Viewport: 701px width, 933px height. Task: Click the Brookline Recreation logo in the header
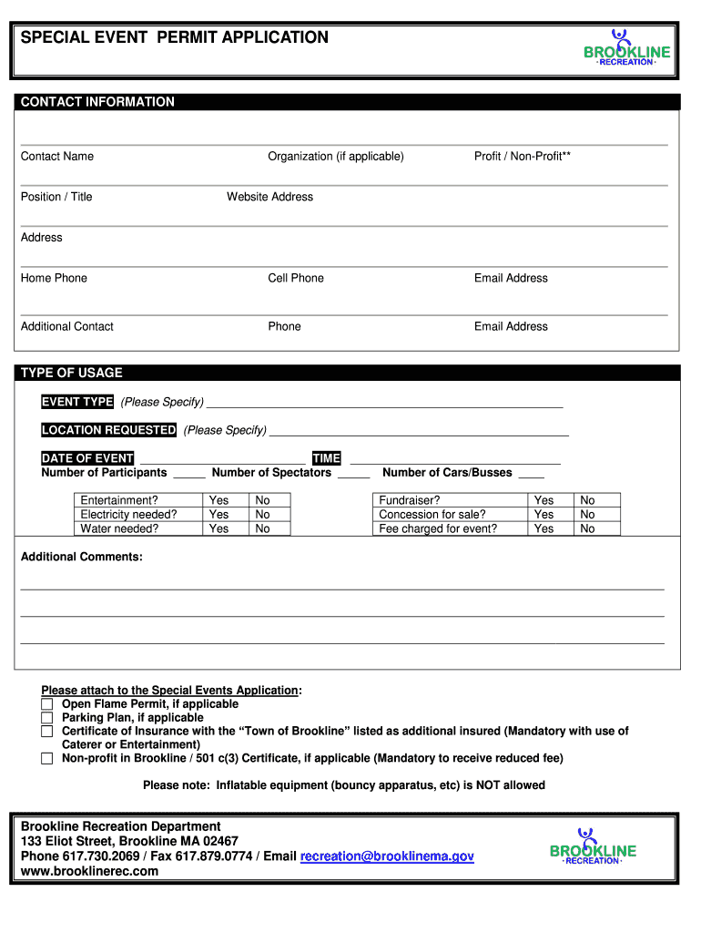626,48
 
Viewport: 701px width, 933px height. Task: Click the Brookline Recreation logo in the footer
593,846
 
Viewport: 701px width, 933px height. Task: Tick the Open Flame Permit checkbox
47,704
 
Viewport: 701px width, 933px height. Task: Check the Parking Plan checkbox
47,718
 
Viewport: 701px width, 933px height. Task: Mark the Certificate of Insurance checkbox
47,732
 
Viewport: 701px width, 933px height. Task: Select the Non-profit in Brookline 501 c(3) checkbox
47,758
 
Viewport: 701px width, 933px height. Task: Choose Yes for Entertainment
219,500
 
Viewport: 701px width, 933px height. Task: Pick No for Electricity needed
263,515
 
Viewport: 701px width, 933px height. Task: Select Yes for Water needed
219,528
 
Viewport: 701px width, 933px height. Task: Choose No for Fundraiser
587,500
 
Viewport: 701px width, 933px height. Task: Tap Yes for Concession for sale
544,515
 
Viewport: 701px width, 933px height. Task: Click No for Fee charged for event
587,528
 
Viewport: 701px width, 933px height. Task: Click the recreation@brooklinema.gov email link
387,856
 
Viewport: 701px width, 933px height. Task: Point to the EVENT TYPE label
77,402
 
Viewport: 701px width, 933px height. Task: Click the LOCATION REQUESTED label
109,430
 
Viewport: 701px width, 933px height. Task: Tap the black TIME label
326,458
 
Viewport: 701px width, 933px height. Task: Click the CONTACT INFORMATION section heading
97,102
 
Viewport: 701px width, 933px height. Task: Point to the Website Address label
269,197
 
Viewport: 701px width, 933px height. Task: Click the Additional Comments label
82,557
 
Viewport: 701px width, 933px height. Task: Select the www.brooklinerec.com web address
89,871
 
